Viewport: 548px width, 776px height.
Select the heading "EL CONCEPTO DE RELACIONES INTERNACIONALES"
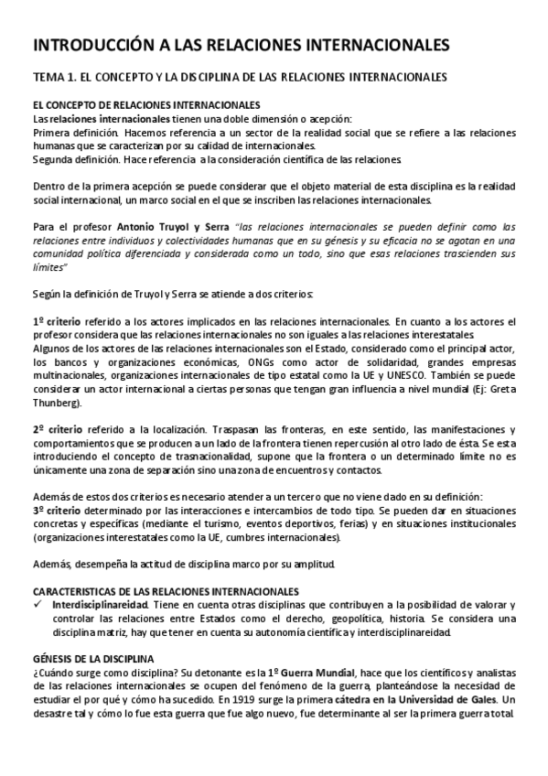click(146, 105)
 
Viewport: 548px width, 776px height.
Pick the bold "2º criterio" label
click(60, 429)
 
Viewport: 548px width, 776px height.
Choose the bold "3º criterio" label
click(60, 509)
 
